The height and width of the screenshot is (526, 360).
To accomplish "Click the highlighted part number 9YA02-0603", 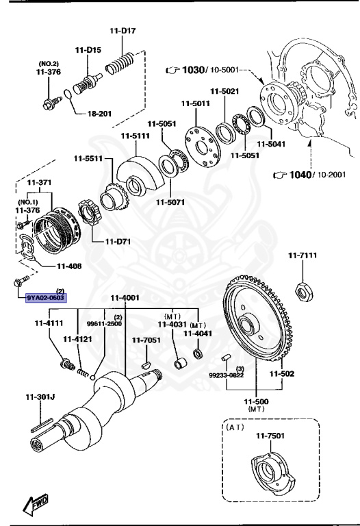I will point(46,298).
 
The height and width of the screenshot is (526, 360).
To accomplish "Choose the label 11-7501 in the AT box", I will point(270,436).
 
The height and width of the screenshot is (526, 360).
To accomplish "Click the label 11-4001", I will point(125,298).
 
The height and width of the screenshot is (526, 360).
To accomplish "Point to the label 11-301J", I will point(40,397).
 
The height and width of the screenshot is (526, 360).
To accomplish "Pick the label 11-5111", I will point(135,136).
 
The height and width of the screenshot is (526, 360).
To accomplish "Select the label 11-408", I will point(70,267).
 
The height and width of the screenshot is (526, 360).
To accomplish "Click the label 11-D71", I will point(118,241).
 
